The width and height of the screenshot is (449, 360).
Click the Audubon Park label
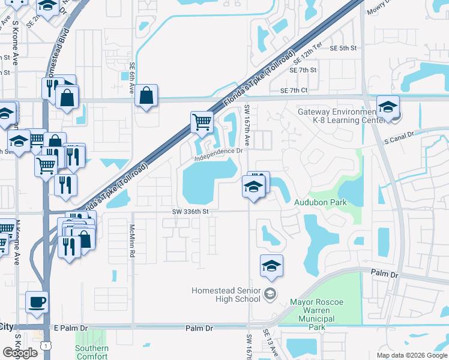pyautogui.click(x=321, y=203)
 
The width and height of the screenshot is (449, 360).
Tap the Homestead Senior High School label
pyautogui.click(x=226, y=295)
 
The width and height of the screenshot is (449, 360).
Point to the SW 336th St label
pyautogui.click(x=190, y=211)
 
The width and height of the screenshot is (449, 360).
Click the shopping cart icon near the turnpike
pyautogui.click(x=202, y=122)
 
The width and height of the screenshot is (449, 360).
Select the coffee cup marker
pyautogui.click(x=37, y=302)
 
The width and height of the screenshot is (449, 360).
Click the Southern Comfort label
pyautogui.click(x=92, y=352)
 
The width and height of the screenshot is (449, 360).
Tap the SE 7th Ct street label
pyautogui.click(x=294, y=91)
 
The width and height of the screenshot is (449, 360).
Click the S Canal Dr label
pyautogui.click(x=399, y=142)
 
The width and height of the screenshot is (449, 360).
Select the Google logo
pyautogui.click(x=19, y=352)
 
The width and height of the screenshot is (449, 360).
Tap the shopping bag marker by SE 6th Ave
pyautogui.click(x=146, y=95)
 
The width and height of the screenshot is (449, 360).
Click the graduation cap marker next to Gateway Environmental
pyautogui.click(x=388, y=107)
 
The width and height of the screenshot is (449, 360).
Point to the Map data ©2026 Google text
pyautogui.click(x=412, y=355)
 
